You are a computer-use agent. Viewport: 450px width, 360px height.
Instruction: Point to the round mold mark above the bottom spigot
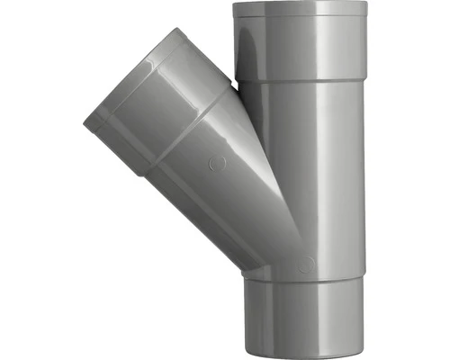tap(307, 264)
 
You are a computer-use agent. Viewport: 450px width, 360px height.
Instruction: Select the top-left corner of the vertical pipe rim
tap(233, 4)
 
